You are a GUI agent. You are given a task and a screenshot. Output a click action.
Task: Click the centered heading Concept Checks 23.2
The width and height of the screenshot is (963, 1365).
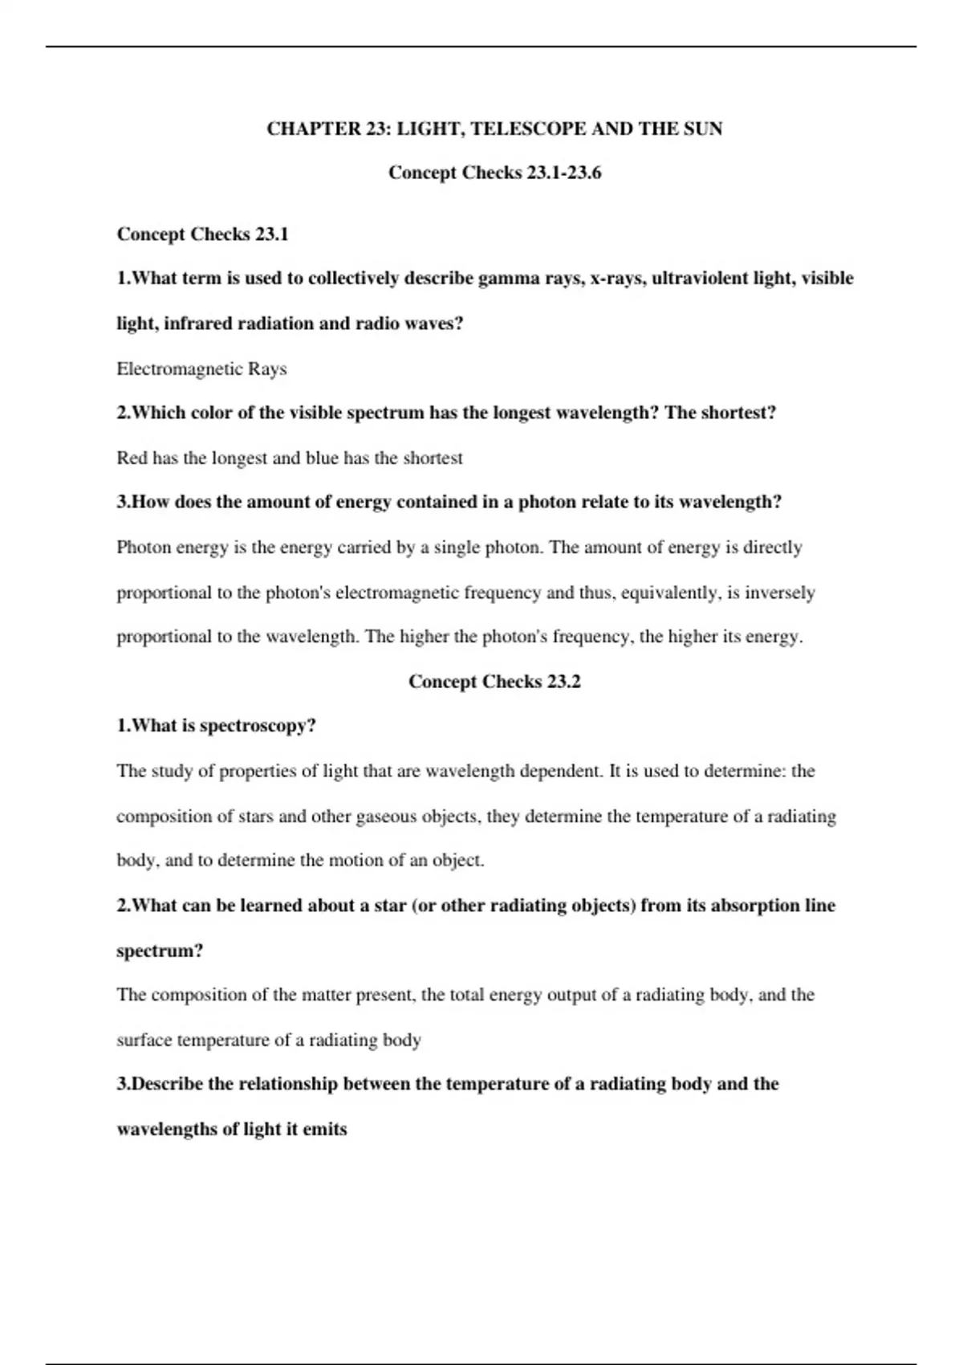coord(494,682)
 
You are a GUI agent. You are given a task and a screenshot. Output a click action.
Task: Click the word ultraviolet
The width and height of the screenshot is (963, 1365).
coord(698,279)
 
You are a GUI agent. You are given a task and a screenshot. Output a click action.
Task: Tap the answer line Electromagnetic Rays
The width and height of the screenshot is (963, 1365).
coord(201,369)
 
